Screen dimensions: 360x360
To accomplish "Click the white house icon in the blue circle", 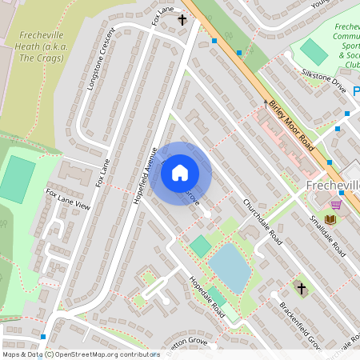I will [x=180, y=172].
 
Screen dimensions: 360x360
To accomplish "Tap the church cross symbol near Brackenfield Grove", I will [x=302, y=287].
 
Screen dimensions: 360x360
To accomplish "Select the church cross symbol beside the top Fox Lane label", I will [x=182, y=20].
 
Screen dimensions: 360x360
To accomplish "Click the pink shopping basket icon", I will [x=336, y=204].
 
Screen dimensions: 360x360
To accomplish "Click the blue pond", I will [x=230, y=266].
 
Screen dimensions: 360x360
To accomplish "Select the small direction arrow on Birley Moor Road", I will [x=266, y=102].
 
